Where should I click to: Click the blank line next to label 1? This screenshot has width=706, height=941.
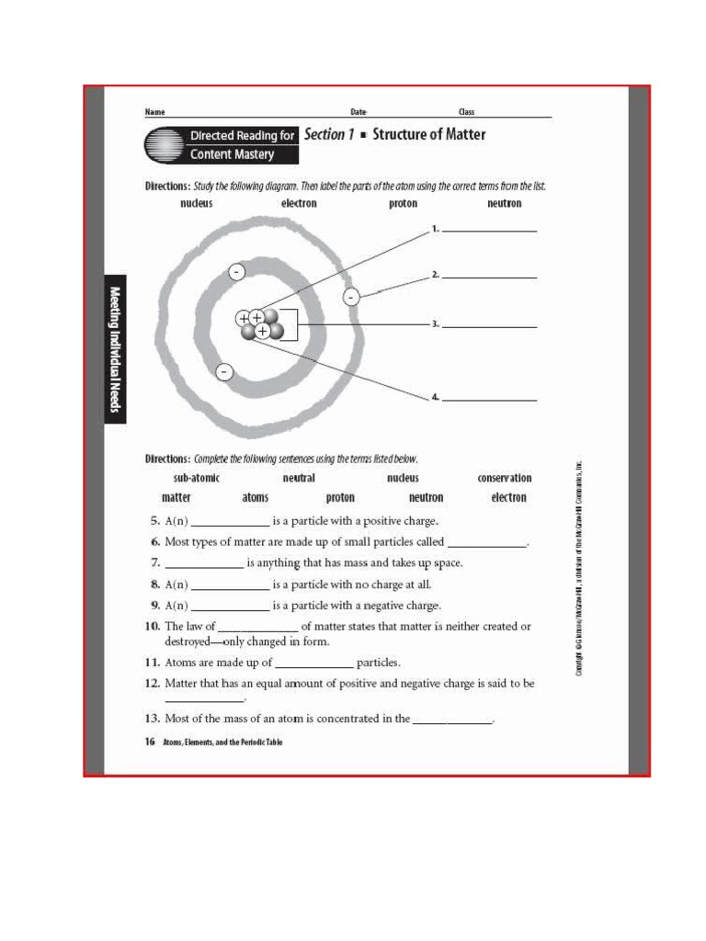point(489,230)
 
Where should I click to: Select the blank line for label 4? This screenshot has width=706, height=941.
point(489,399)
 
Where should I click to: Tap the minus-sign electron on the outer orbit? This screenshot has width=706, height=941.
point(350,297)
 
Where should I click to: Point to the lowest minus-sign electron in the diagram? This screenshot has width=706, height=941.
point(224,372)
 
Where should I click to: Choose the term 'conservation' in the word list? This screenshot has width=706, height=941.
point(504,478)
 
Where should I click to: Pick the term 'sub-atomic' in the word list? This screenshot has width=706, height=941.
point(196,478)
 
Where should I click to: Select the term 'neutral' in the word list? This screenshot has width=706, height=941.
point(299,478)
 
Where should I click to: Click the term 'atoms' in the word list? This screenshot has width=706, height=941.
point(256,497)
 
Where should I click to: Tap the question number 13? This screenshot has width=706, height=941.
point(153,719)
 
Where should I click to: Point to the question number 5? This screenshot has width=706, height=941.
point(155,520)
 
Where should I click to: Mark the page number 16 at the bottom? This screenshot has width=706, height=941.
point(150,742)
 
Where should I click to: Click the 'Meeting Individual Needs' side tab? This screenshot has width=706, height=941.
point(115,349)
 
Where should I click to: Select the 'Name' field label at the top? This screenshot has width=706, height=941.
point(154,112)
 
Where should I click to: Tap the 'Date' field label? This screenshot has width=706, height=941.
point(359,112)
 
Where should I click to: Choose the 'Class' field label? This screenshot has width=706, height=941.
point(466,112)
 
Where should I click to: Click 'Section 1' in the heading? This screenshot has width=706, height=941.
point(329,134)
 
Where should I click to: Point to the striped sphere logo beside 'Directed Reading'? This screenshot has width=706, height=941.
point(164,145)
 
